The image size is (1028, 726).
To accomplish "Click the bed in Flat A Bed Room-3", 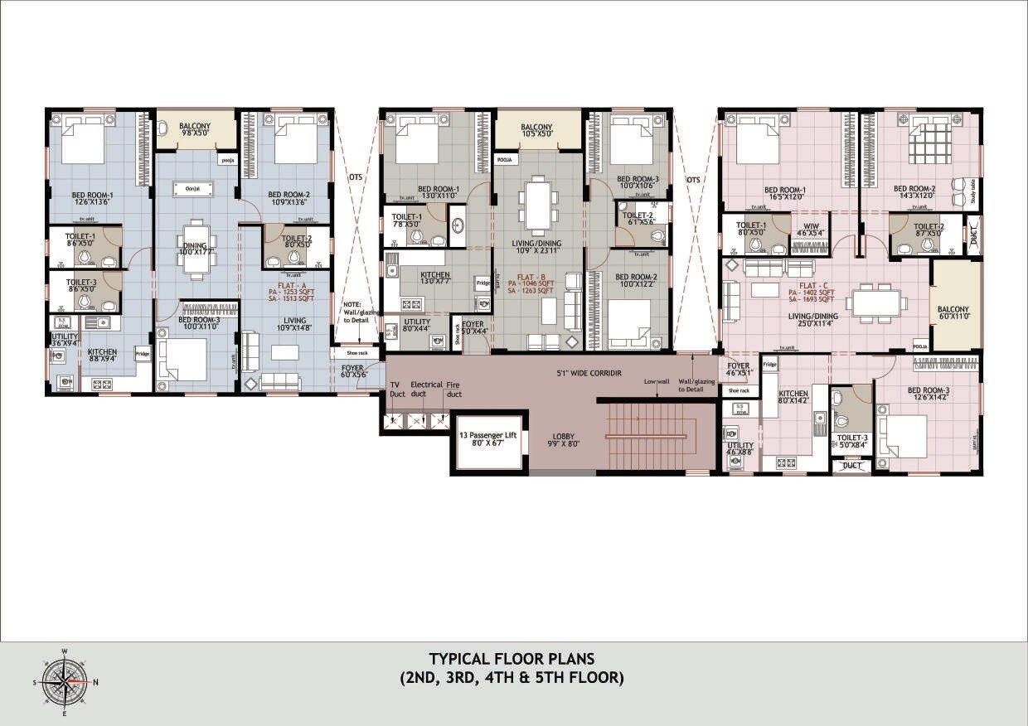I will click(182, 360).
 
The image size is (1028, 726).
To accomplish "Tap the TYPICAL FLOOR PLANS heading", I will click(512, 660).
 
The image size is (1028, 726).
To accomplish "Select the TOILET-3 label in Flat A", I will click(82, 285).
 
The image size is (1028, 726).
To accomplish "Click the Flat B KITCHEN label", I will click(435, 277).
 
